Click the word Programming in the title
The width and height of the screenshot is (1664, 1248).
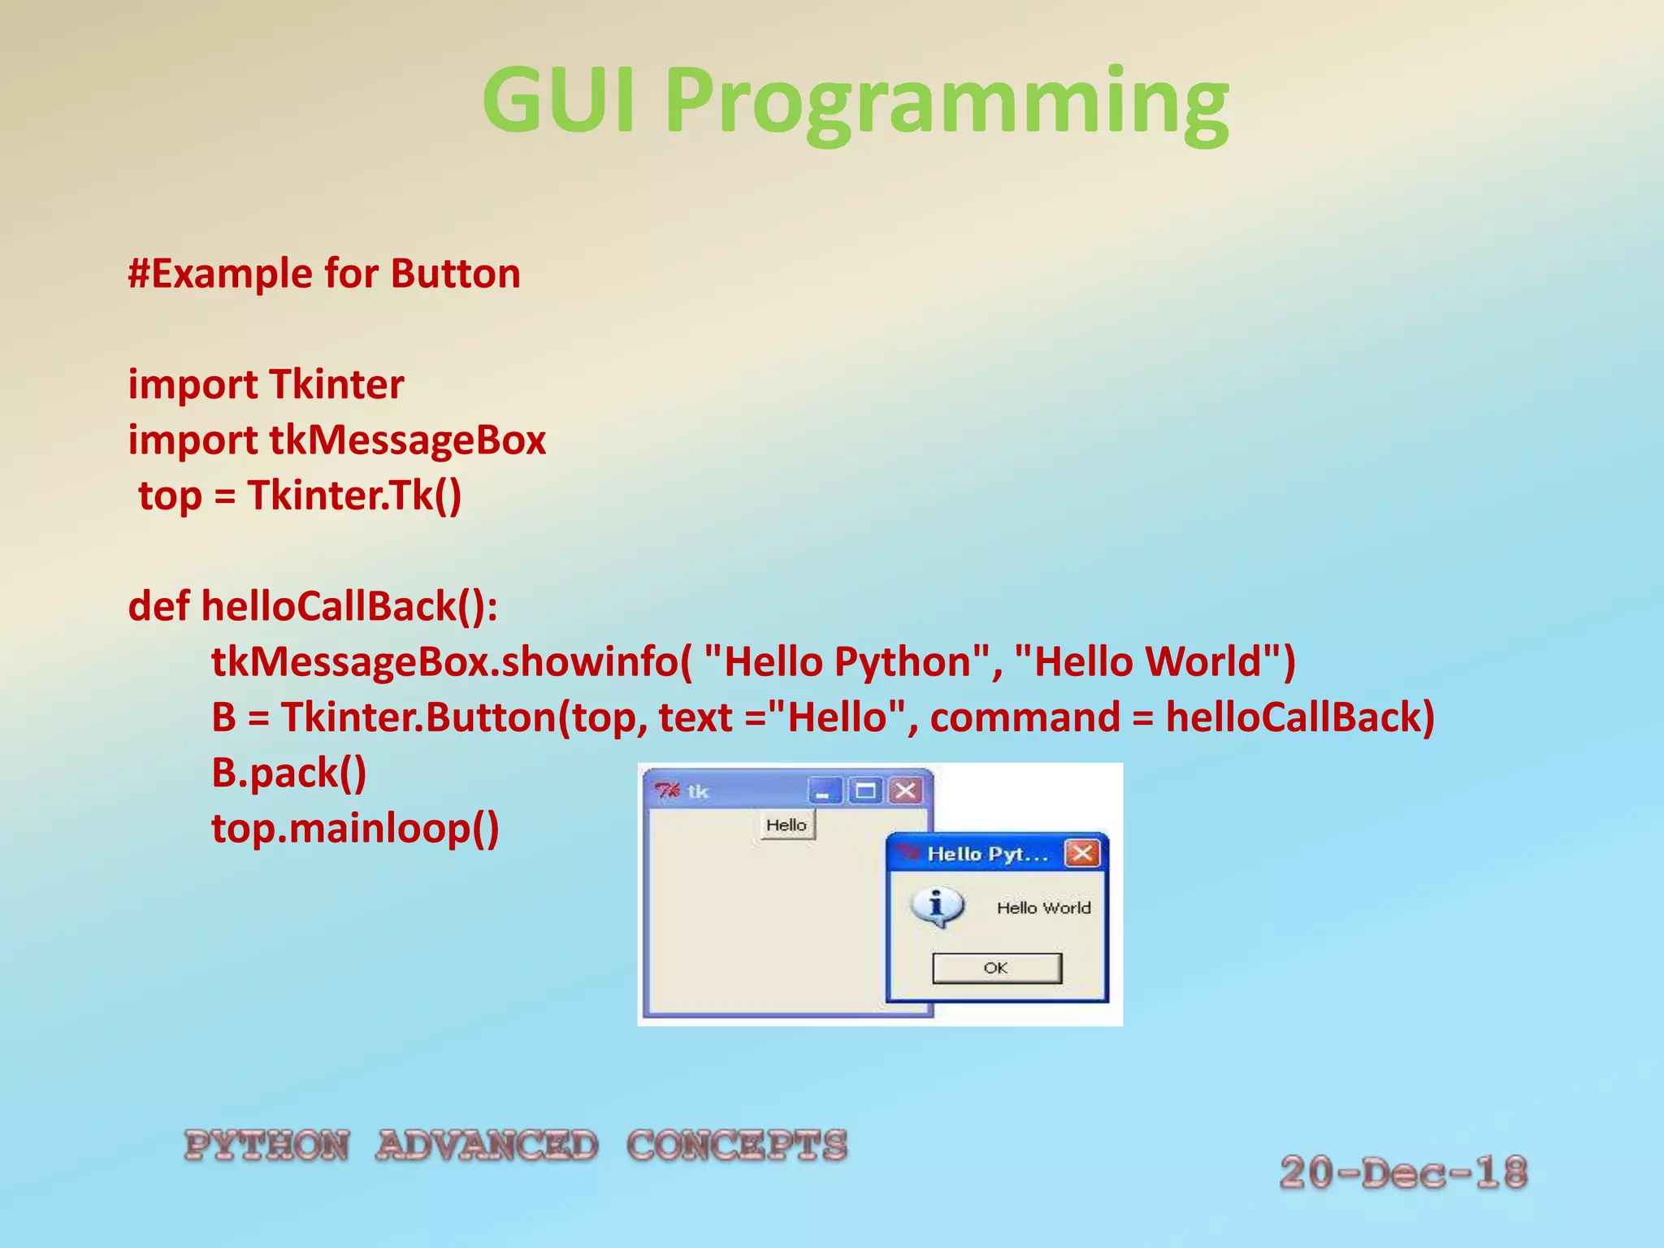click(x=947, y=104)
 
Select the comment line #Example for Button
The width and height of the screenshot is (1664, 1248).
click(x=324, y=274)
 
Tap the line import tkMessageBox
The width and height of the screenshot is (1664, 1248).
click(x=337, y=440)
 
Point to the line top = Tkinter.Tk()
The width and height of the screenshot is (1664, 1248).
click(x=300, y=496)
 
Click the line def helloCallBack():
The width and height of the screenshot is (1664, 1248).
click(x=313, y=606)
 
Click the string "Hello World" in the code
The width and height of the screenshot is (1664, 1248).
click(x=1155, y=661)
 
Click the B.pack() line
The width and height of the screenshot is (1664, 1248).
click(x=289, y=773)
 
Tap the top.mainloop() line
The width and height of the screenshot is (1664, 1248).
click(x=355, y=828)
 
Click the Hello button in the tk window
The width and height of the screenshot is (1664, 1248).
click(x=786, y=825)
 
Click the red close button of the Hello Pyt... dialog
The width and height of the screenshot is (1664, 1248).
click(x=1082, y=853)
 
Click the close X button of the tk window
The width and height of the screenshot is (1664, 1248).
click(x=905, y=790)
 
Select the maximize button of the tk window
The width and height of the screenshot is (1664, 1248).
click(x=864, y=790)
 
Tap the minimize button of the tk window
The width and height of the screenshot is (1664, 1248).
click(x=824, y=790)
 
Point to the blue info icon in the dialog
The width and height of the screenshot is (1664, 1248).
click(x=937, y=907)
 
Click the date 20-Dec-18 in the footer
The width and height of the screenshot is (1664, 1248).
click(x=1403, y=1172)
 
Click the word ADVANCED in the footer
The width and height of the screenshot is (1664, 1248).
click(x=487, y=1146)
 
